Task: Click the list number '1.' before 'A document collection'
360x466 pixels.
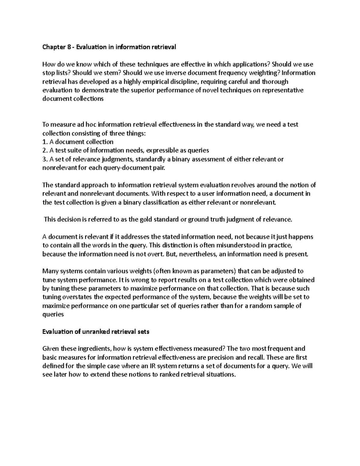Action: [45, 142]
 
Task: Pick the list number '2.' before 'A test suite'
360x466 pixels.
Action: [45, 150]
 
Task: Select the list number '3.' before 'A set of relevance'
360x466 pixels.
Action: [45, 159]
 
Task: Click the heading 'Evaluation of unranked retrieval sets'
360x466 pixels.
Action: [96, 332]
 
